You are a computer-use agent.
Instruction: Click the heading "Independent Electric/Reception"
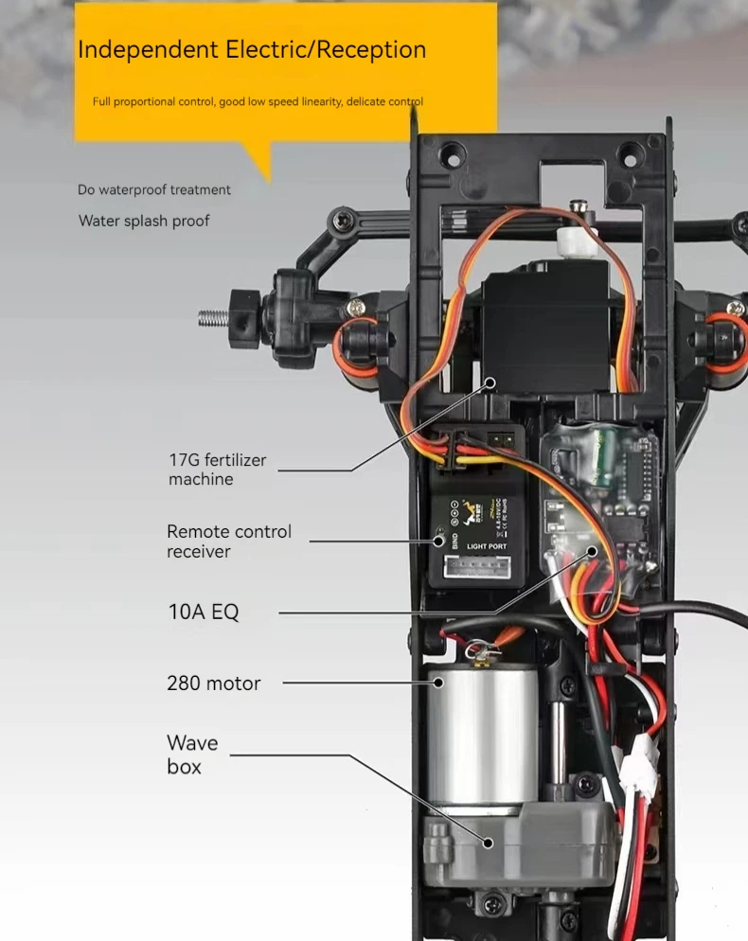tap(251, 50)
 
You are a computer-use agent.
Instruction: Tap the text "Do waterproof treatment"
tap(154, 190)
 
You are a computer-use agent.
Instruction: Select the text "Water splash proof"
tap(144, 222)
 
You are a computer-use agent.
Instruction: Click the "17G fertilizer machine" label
tap(217, 470)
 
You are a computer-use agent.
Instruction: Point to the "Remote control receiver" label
tap(228, 542)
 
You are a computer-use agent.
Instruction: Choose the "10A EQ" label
tap(204, 612)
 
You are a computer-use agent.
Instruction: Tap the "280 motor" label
tap(213, 683)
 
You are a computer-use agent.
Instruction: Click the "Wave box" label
tap(192, 755)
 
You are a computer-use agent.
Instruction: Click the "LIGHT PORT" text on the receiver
tap(487, 547)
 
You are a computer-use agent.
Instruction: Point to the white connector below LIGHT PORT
tap(484, 566)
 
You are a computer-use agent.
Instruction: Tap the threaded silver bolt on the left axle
tap(217, 318)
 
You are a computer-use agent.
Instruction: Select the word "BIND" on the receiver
tap(454, 538)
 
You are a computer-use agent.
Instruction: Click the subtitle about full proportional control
tap(258, 101)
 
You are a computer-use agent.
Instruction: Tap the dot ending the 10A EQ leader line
tap(592, 550)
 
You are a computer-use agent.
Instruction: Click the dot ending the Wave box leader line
tap(490, 843)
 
